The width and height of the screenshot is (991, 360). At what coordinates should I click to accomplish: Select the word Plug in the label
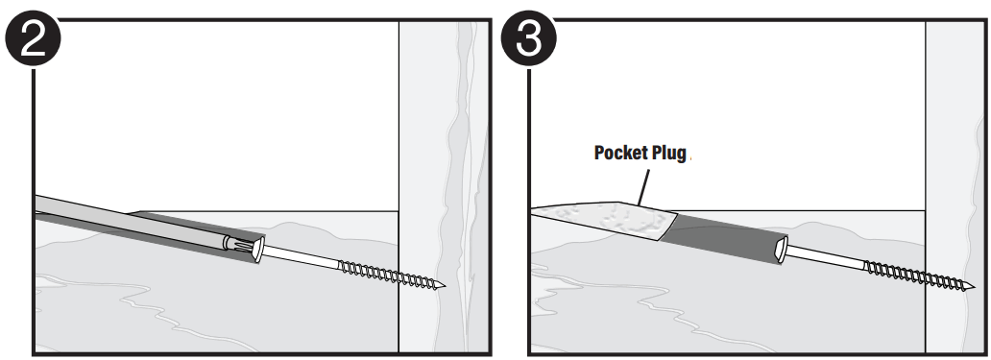click(x=669, y=154)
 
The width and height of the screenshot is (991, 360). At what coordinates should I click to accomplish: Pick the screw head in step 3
click(x=784, y=252)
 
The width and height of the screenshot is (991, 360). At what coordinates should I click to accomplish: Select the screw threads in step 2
click(x=389, y=276)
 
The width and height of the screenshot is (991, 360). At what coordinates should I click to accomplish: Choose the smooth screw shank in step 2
click(x=302, y=259)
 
